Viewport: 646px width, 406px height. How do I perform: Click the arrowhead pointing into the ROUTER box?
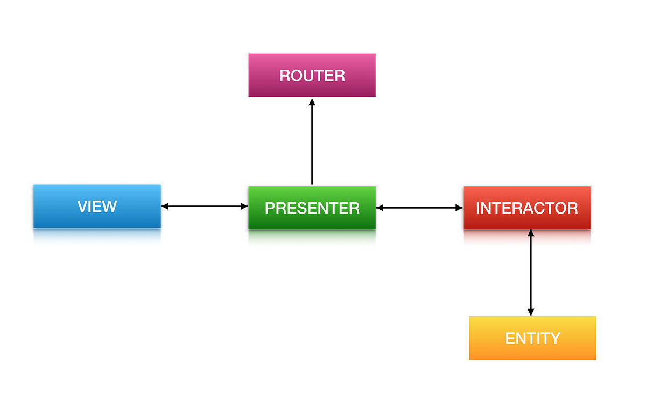click(x=312, y=102)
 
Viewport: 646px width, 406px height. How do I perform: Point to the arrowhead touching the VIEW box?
click(x=165, y=206)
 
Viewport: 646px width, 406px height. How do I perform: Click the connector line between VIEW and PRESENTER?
click(x=205, y=206)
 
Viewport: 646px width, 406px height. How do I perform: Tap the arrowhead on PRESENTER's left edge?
click(x=244, y=206)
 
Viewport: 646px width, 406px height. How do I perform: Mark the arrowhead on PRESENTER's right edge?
click(x=380, y=208)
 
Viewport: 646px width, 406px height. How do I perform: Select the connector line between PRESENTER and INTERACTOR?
click(x=420, y=208)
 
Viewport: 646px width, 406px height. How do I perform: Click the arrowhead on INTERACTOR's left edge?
click(x=459, y=208)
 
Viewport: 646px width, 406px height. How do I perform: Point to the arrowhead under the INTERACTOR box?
click(x=531, y=233)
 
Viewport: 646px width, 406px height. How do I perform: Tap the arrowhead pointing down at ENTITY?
click(x=531, y=312)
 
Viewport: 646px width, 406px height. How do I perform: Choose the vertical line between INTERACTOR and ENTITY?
click(x=531, y=272)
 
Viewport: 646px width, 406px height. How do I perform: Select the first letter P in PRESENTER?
click(x=270, y=208)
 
